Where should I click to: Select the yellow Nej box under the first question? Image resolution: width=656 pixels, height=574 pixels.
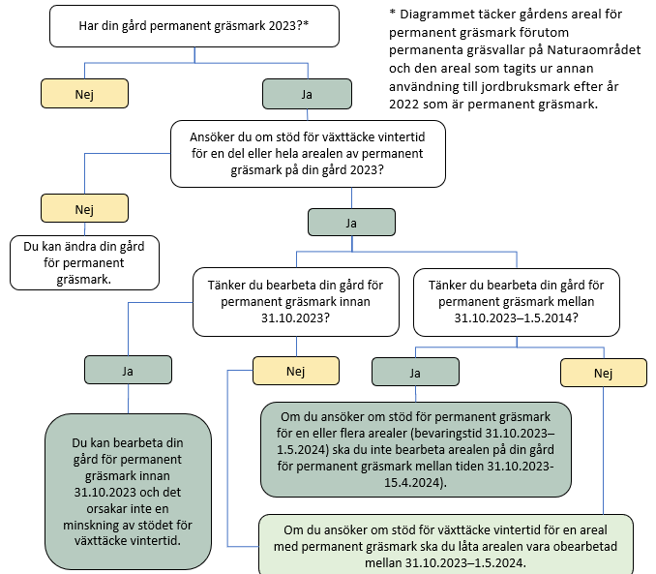tap(84, 94)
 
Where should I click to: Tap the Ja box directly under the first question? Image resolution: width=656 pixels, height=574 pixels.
tap(306, 94)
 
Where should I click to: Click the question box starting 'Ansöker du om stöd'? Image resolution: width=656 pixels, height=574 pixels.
tap(308, 154)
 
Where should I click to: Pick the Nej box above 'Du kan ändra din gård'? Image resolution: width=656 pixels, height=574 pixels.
tap(84, 208)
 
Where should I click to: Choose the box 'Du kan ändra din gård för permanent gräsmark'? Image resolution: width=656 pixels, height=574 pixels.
tap(84, 261)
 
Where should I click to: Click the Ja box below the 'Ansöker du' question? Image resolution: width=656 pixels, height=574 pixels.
tap(351, 222)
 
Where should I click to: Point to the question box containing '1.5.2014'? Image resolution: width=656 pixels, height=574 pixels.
tap(515, 300)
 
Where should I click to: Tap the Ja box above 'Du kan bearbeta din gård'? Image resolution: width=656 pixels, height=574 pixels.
tap(128, 369)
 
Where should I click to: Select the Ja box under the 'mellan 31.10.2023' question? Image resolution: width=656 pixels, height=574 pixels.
tap(416, 371)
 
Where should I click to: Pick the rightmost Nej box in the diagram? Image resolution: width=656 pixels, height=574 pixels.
tap(603, 373)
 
